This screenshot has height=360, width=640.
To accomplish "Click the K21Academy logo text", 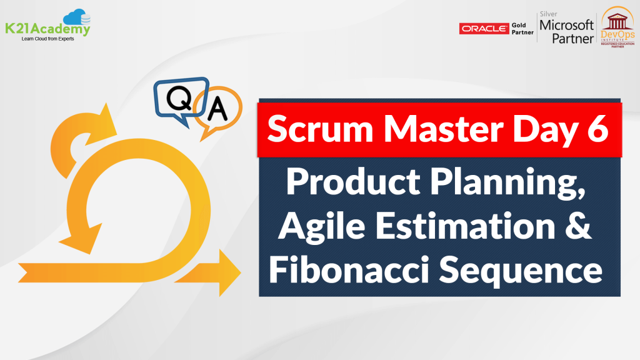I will click(48, 28).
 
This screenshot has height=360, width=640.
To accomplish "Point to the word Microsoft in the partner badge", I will click(566, 25).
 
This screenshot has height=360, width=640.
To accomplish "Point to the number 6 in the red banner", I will click(598, 131).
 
